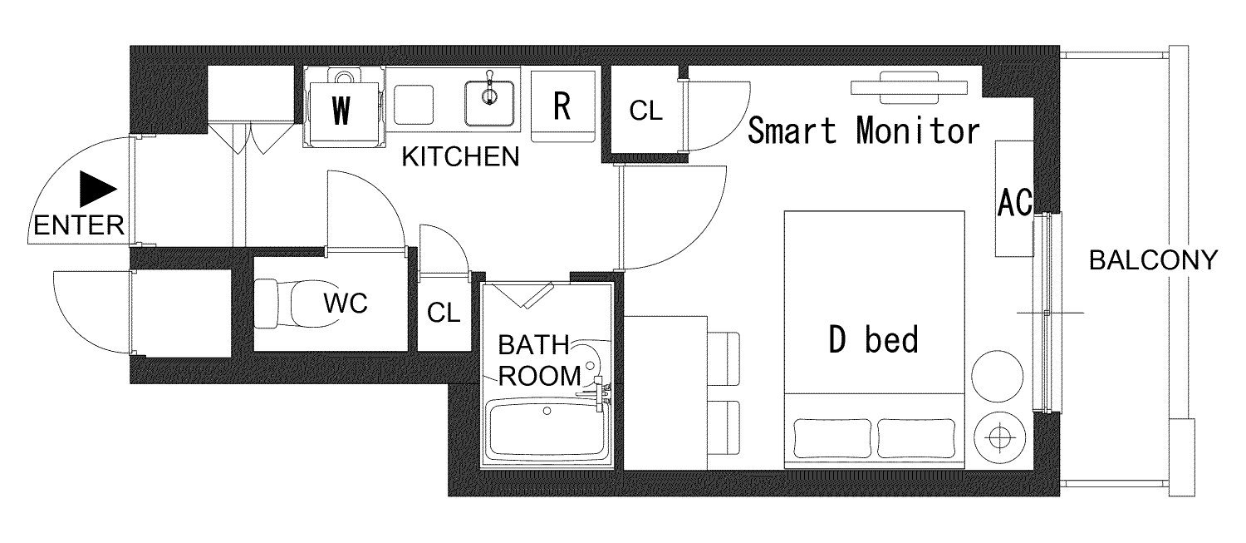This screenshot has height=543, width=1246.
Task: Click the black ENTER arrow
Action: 96,190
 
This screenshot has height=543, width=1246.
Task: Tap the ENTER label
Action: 79,225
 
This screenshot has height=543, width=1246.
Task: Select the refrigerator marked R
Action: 563,106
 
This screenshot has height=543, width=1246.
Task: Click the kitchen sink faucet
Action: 489,89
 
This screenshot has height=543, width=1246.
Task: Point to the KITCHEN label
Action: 460,157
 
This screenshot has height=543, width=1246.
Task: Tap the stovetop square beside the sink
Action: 414,105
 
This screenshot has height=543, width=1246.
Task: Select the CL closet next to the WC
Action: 444,313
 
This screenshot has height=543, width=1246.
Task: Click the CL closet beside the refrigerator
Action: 645,111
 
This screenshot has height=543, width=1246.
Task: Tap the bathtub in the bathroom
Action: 547,430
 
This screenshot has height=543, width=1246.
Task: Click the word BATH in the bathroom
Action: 533,345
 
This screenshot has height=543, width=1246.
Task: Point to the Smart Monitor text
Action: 863,131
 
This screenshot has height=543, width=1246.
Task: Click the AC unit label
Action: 1014,202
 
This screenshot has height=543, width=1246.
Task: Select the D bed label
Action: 873,340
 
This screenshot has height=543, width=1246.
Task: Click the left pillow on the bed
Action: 832,439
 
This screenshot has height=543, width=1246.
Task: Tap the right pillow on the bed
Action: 916,439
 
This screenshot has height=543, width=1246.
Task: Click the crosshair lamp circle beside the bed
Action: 999,437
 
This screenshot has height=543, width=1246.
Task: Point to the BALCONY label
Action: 1153,260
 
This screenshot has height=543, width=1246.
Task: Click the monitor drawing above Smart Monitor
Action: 909,87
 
